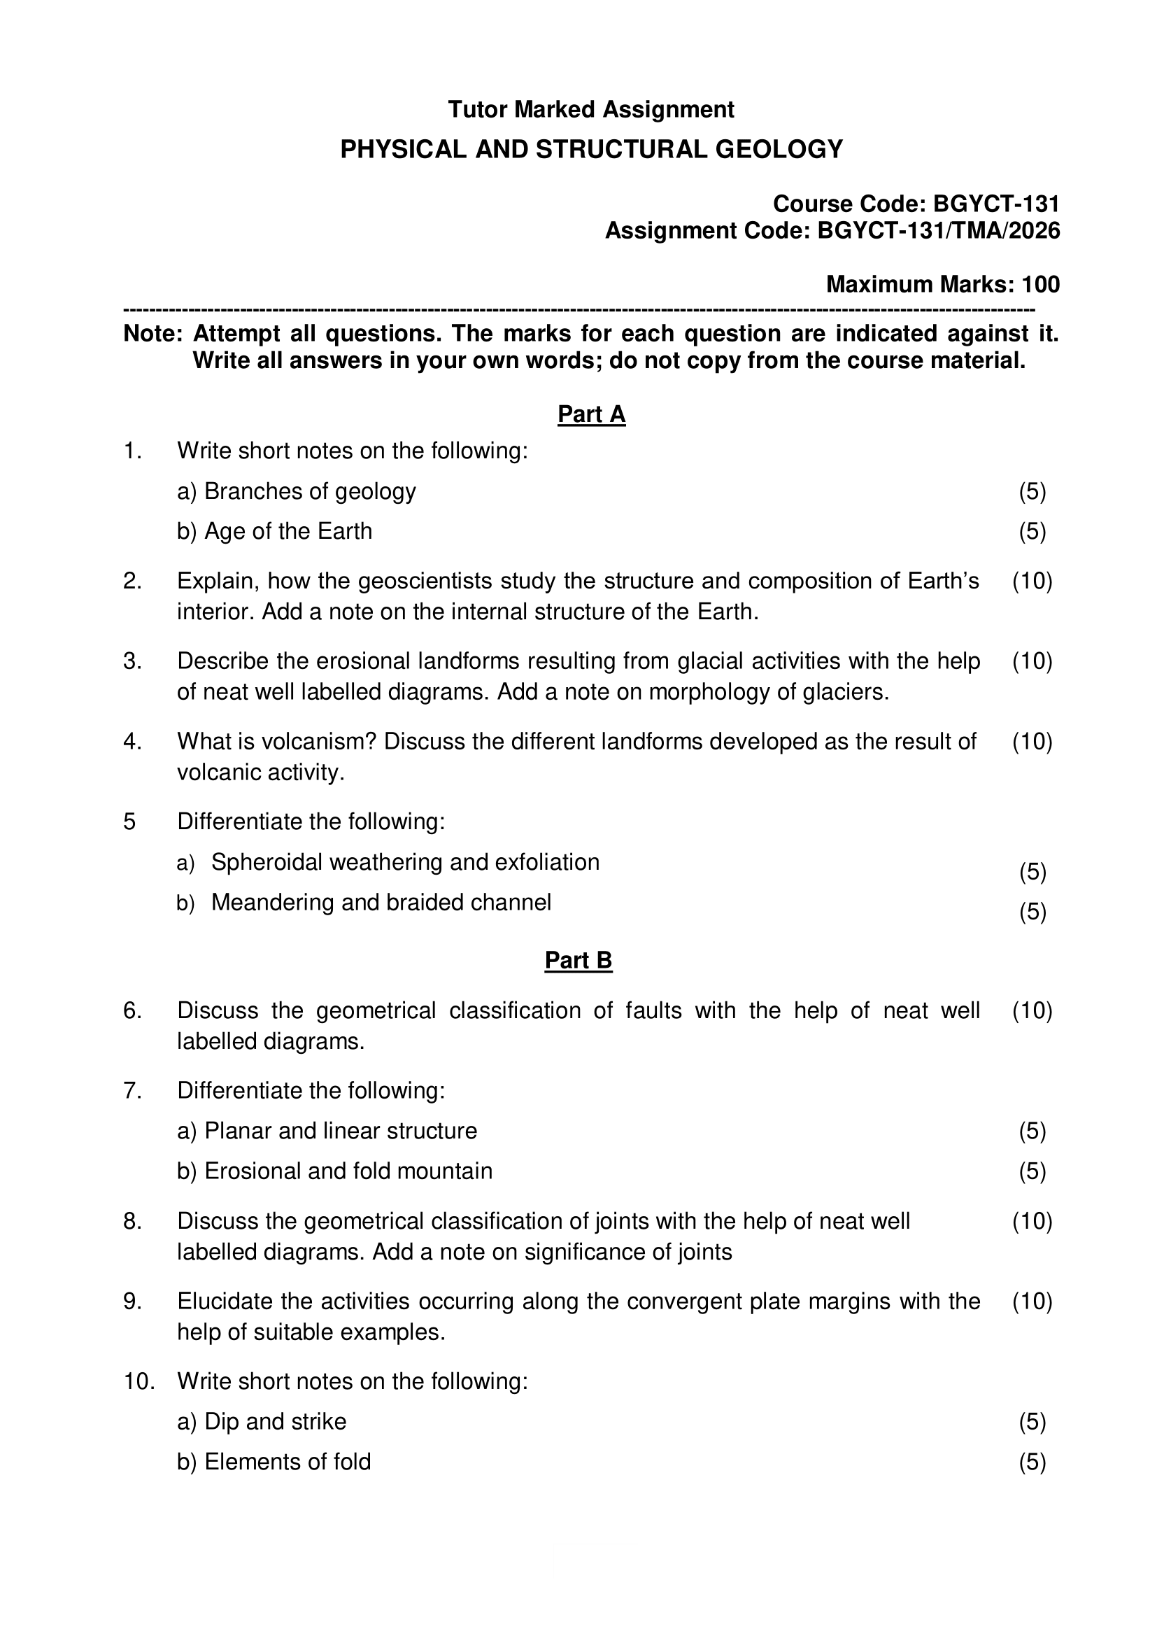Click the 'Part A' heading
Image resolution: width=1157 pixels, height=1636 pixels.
590,414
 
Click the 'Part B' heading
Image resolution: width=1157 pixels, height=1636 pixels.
578,961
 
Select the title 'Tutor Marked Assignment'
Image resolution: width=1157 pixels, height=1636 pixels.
590,110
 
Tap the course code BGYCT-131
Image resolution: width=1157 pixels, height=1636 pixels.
996,204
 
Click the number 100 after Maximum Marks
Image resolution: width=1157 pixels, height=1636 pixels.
1040,284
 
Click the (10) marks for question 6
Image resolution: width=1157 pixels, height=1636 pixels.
1032,1010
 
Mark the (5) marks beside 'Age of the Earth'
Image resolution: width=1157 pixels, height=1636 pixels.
1032,532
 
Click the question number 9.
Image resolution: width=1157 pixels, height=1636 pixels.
132,1302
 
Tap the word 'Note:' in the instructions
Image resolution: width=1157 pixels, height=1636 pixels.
153,334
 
